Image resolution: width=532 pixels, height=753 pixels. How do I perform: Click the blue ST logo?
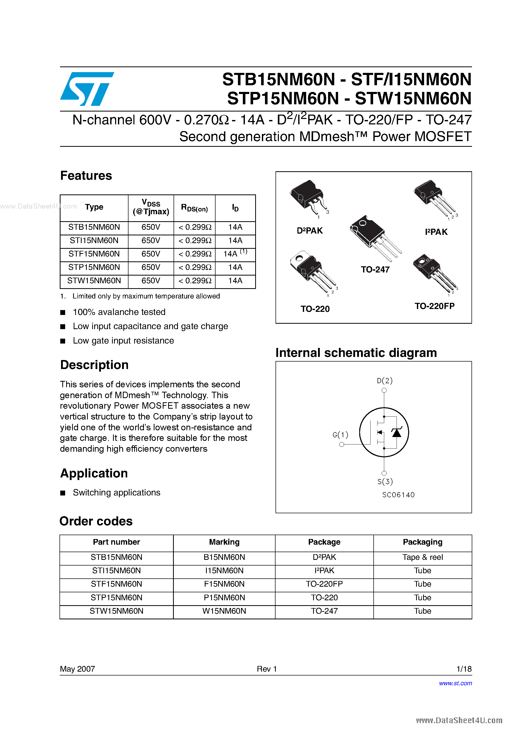87,89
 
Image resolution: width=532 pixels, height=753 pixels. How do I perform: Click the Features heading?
86,176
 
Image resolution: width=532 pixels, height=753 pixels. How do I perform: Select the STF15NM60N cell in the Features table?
94,254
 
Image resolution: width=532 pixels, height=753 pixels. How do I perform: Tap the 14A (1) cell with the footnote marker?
235,254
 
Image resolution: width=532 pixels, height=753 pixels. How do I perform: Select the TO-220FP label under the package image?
435,306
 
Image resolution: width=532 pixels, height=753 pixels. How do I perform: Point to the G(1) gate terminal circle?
342,444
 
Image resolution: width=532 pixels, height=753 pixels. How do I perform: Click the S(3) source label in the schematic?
385,482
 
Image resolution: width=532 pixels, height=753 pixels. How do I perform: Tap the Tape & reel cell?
423,557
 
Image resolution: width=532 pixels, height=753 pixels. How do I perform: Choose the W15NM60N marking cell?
224,611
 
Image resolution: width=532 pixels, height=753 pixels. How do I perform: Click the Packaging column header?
423,542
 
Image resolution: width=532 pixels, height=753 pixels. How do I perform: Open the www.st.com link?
455,683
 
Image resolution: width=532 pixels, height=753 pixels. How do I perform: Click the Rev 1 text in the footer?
267,669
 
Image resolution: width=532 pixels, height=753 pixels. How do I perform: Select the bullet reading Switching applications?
116,493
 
